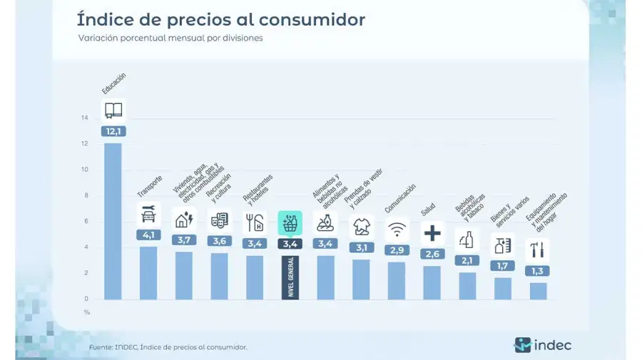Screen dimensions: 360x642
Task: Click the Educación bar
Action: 113,221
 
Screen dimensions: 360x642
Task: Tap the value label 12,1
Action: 113,131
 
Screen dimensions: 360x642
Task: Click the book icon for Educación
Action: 113,110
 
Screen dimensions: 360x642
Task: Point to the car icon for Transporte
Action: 148,214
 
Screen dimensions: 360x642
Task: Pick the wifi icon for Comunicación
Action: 397,230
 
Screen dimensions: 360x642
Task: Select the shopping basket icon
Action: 290,223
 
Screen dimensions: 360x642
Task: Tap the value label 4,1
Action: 148,235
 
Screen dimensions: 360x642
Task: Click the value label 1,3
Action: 538,271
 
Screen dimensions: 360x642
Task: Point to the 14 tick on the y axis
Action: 85,118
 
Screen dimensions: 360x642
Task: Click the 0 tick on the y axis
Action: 87,299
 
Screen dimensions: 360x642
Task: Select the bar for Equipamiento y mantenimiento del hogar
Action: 538,291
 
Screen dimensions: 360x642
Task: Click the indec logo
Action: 543,345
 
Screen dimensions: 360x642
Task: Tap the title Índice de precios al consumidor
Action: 220,19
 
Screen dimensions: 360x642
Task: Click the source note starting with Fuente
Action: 168,347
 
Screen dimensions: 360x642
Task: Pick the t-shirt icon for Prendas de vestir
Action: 361,227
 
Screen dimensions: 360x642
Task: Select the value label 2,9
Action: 397,250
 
